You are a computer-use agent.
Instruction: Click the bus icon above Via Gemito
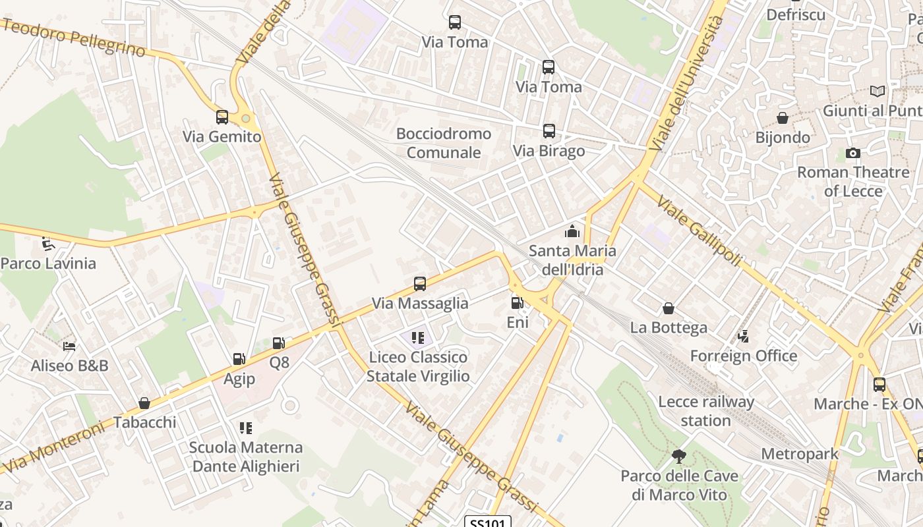(x=222, y=117)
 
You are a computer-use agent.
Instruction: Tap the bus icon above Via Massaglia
(x=420, y=284)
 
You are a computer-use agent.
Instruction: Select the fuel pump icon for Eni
(x=518, y=303)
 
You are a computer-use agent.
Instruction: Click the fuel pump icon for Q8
(x=279, y=343)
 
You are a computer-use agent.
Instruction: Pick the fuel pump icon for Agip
(x=239, y=359)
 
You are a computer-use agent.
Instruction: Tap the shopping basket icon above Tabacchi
(x=144, y=403)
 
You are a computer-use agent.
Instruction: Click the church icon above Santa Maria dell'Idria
(x=572, y=231)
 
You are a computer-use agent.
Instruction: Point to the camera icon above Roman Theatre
(x=852, y=153)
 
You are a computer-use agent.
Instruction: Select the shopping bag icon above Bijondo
(x=783, y=118)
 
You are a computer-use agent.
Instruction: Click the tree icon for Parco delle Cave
(x=678, y=456)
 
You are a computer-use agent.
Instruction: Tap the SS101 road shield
(x=488, y=522)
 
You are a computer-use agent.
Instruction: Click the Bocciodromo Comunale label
(x=444, y=143)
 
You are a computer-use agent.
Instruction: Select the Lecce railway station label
(x=706, y=411)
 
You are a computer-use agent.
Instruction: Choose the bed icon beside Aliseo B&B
(x=69, y=346)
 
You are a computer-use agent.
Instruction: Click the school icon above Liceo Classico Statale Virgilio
(x=417, y=338)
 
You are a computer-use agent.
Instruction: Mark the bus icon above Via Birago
(x=549, y=131)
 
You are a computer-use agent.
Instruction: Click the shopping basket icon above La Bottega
(x=669, y=308)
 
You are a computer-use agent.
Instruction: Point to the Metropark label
(x=799, y=454)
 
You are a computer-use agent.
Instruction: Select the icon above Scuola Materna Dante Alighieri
(x=245, y=428)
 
